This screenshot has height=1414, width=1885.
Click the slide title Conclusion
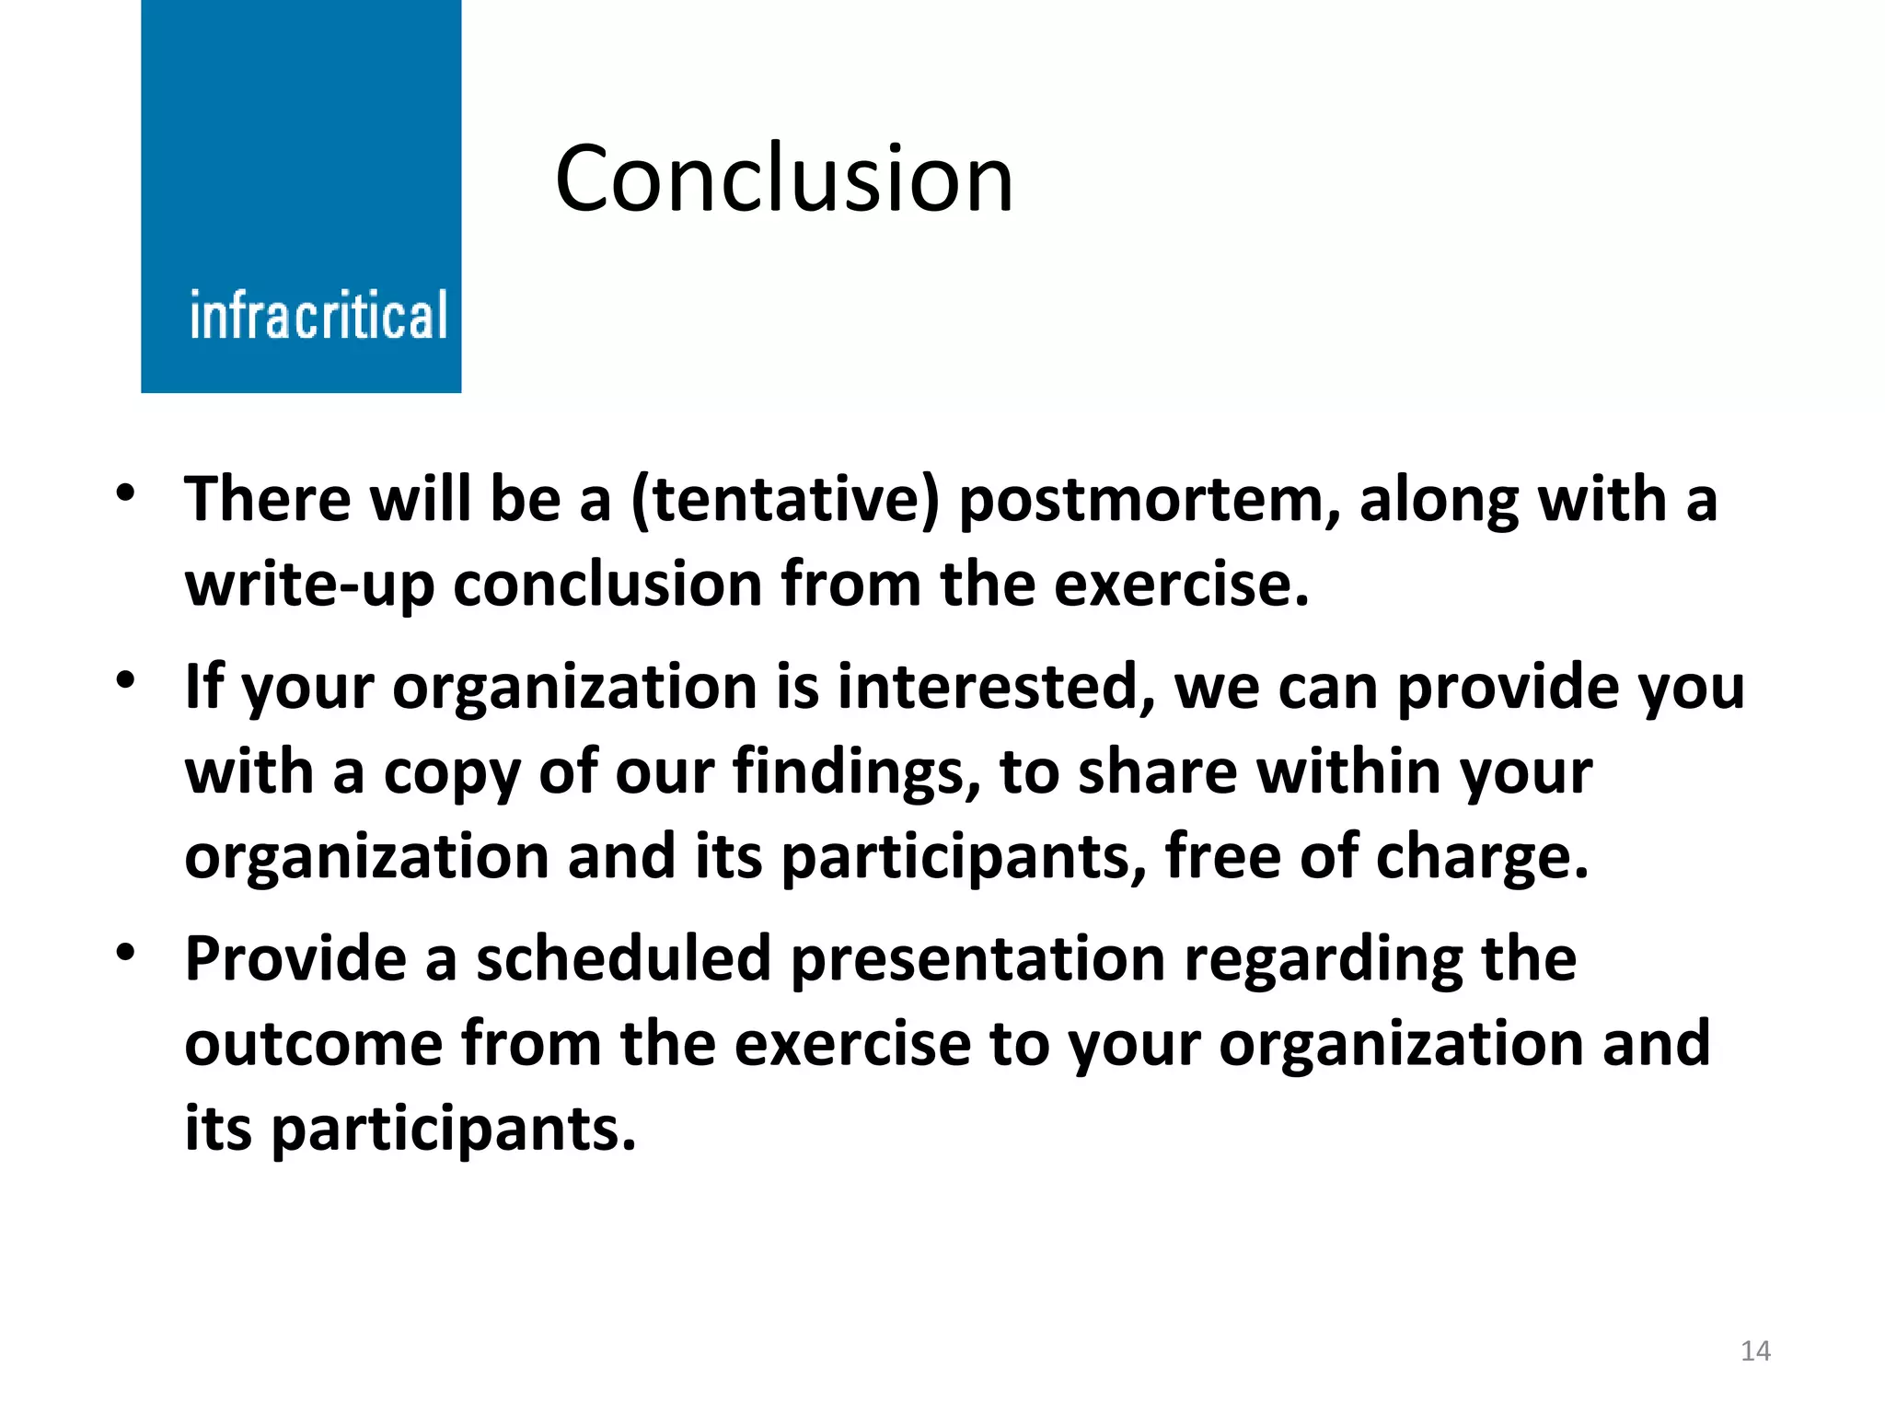784,179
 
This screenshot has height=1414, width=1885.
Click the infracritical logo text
318,316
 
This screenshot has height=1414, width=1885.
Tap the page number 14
1755,1350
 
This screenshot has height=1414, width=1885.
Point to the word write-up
309,585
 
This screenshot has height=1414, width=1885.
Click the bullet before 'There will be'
126,493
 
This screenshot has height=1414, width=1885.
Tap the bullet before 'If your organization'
126,681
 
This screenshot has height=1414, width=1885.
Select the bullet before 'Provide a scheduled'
126,952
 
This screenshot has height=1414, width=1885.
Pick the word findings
857,771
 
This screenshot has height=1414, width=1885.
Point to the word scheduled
623,959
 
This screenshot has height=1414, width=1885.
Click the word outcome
314,1044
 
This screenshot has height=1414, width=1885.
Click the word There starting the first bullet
268,500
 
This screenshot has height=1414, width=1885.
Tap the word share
1157,771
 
